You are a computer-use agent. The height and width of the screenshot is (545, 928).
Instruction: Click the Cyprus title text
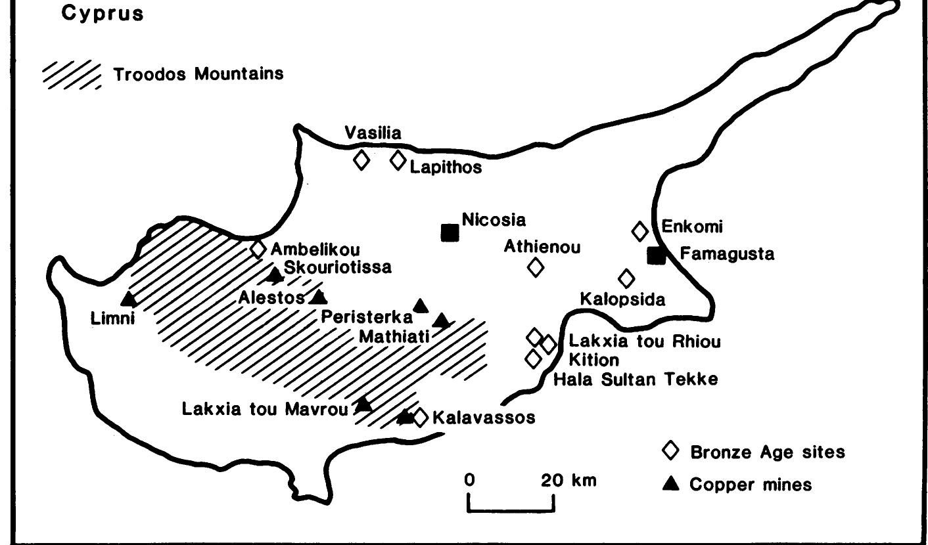coord(102,14)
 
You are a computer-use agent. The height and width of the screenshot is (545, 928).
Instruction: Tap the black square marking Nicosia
coord(450,232)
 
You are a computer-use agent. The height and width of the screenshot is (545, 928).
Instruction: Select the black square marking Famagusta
coord(656,255)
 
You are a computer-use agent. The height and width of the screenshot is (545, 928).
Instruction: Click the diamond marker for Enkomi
coord(639,231)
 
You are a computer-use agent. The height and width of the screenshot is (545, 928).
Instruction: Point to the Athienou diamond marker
coord(536,267)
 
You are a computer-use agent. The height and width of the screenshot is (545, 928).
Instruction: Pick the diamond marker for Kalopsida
coord(627,278)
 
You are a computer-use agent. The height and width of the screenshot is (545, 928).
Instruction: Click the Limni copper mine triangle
coord(129,299)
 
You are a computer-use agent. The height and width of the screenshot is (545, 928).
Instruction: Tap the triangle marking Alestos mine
coord(319,297)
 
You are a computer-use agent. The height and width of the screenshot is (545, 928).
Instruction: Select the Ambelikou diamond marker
coord(258,249)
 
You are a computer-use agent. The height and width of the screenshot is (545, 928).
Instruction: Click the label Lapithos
coord(446,167)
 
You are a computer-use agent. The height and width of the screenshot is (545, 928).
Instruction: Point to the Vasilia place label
coord(373,133)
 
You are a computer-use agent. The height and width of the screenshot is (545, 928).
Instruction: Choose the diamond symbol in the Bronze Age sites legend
coord(670,451)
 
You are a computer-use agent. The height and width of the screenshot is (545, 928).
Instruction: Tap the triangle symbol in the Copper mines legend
coord(670,485)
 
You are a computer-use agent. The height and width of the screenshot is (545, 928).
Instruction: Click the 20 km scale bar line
coord(511,510)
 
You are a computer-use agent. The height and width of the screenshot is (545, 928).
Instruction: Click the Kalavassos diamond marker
coord(421,417)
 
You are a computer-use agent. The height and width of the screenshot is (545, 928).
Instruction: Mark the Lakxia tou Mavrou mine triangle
coord(363,404)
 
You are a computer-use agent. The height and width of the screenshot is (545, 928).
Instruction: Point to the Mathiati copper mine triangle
coord(442,320)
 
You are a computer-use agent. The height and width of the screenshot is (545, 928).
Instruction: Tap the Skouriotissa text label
coord(337,267)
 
